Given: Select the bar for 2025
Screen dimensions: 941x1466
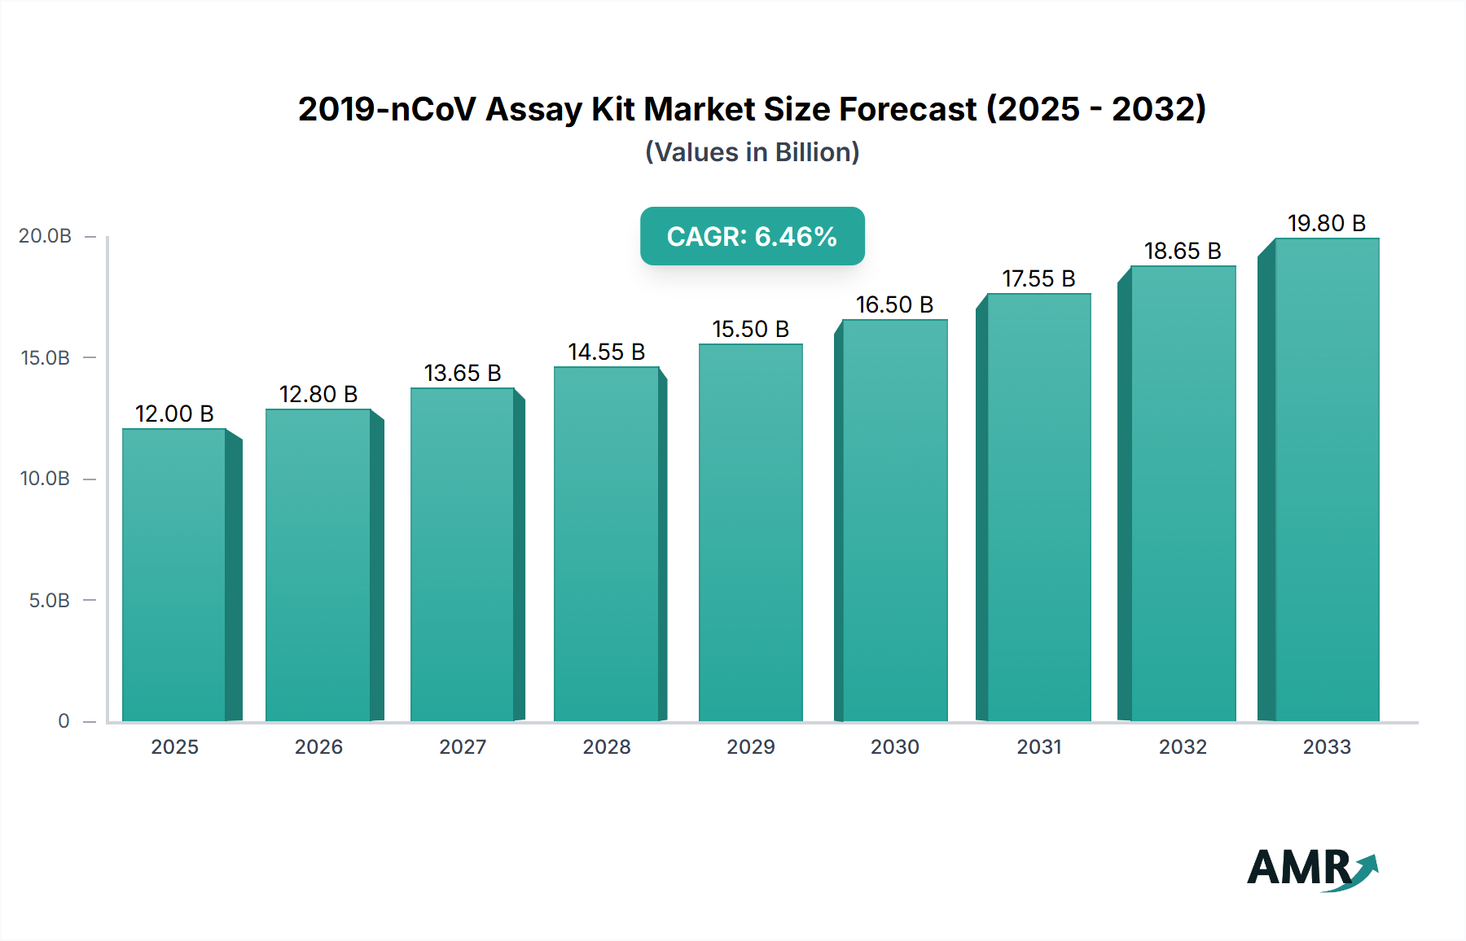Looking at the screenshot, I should pyautogui.click(x=173, y=575).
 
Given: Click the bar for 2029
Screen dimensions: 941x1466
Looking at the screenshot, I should pyautogui.click(x=750, y=532).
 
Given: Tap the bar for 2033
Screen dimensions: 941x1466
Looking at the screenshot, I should pyautogui.click(x=1327, y=479).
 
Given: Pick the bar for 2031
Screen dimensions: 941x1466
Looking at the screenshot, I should pyautogui.click(x=1038, y=507).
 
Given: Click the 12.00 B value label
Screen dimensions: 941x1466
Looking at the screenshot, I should pyautogui.click(x=174, y=414).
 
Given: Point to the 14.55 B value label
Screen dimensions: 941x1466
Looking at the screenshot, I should pyautogui.click(x=607, y=352).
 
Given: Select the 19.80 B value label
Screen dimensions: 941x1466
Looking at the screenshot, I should pyautogui.click(x=1327, y=223).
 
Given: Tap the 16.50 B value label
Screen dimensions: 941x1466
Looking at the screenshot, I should pyautogui.click(x=894, y=304).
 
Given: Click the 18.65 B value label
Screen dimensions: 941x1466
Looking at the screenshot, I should pyautogui.click(x=1183, y=251).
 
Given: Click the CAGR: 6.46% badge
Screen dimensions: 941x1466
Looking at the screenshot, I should pyautogui.click(x=752, y=236).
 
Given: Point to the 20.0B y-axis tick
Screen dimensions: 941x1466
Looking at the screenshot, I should pyautogui.click(x=46, y=236).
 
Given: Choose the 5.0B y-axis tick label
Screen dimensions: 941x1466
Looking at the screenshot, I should pyautogui.click(x=50, y=600).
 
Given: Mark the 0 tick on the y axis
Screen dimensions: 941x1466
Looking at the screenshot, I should pyautogui.click(x=64, y=720).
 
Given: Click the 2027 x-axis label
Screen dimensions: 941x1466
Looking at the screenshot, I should pyautogui.click(x=463, y=746).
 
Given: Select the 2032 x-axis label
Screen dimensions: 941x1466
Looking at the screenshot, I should pyautogui.click(x=1183, y=746).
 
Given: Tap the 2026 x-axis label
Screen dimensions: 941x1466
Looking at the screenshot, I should pyautogui.click(x=318, y=746).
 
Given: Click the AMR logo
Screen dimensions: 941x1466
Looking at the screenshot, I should pyautogui.click(x=1311, y=869).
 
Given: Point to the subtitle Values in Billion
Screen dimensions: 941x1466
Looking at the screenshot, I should pyautogui.click(x=752, y=152).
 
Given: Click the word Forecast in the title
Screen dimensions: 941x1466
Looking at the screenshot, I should pyautogui.click(x=907, y=109).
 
